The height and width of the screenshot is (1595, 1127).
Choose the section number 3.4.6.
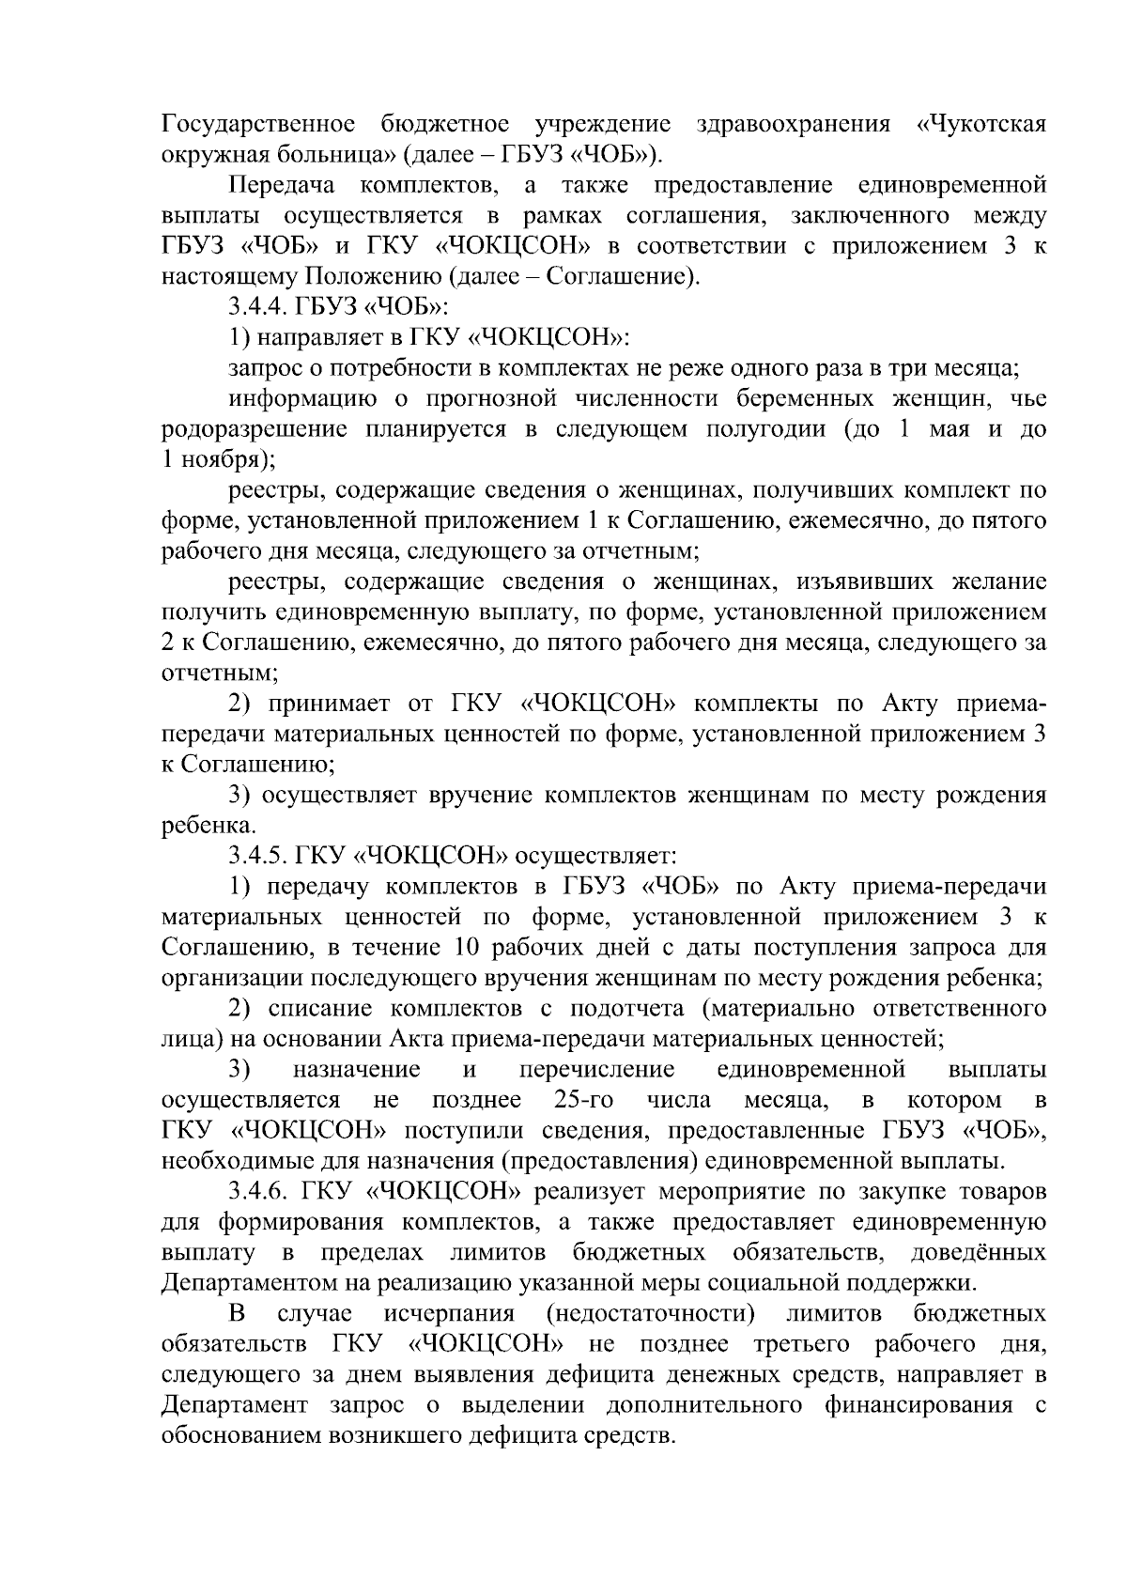coord(262,1192)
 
